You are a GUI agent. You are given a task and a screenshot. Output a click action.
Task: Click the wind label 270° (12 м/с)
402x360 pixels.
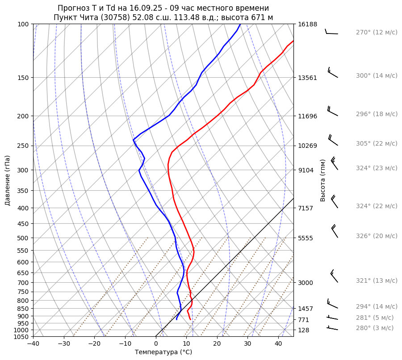pos(376,33)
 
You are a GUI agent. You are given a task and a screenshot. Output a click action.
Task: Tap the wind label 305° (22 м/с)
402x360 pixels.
pos(376,144)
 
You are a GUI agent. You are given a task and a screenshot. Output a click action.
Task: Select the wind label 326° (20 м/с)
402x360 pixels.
pos(376,236)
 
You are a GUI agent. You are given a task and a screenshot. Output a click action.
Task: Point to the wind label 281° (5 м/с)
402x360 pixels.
pos(375,318)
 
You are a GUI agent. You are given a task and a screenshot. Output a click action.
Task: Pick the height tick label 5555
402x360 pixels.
pos(306,238)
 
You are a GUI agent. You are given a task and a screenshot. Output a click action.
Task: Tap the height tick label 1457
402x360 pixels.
pos(306,309)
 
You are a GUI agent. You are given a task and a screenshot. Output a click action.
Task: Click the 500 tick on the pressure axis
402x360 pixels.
pos(23,238)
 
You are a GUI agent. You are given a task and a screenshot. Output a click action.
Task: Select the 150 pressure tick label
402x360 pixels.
pos(23,78)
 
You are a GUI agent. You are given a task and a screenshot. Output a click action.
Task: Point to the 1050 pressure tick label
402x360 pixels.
pos(21,337)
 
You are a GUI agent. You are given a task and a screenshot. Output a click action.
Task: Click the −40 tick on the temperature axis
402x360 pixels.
pos(33,344)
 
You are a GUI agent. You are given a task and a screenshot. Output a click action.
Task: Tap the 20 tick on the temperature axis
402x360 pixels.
pos(217,344)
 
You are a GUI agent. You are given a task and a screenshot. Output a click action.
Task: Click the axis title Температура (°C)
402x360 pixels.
pos(163,352)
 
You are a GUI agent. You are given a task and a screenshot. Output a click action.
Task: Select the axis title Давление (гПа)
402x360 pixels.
pos(8,180)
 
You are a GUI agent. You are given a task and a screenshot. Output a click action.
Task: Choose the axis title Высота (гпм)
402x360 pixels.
pos(322,180)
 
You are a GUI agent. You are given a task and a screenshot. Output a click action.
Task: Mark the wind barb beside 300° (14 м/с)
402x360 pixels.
pos(332,73)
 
